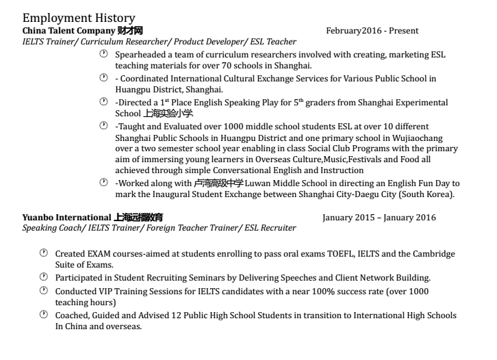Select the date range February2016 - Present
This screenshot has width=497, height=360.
click(x=372, y=31)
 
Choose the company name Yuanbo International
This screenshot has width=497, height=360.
click(x=66, y=218)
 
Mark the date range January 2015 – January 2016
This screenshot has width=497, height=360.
click(x=379, y=218)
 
